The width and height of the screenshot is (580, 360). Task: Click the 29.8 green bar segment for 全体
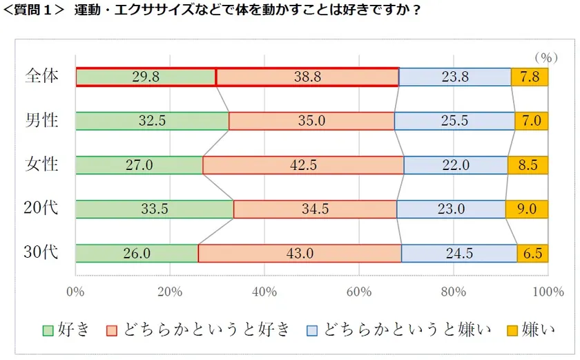(146, 77)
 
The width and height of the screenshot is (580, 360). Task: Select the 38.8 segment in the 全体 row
(307, 77)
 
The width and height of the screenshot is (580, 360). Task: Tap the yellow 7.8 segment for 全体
(529, 77)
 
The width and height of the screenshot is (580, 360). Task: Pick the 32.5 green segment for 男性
(152, 121)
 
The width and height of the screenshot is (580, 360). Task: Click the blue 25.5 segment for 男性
(454, 121)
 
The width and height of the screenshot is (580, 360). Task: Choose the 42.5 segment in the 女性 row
(303, 165)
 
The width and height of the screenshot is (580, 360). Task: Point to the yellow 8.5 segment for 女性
(528, 165)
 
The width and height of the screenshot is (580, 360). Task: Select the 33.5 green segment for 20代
(154, 209)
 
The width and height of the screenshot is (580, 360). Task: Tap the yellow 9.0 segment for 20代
(526, 209)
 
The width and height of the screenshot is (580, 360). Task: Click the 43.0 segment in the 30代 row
(300, 254)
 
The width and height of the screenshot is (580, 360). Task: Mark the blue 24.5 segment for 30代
(459, 254)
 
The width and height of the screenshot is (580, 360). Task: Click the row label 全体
(41, 76)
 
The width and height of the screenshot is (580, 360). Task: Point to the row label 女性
(41, 165)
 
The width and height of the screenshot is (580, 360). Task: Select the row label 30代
(41, 253)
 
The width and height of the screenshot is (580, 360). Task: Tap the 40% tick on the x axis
(264, 291)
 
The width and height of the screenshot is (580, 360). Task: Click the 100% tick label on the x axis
(549, 291)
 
